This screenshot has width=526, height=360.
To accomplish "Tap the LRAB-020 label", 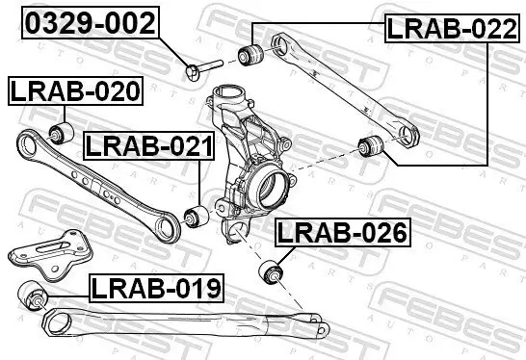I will coord(75,91).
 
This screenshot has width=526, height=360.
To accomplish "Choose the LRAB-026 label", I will coord(343,232).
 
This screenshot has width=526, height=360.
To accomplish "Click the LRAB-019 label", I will coord(156,286).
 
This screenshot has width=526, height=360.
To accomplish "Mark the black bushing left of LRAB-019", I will coord(35,295).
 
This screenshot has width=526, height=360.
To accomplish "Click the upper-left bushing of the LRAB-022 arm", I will coord(254,53).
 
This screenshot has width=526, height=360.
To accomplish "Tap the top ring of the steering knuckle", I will coord(228,99).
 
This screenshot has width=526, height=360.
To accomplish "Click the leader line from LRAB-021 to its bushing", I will coord(198,183).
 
